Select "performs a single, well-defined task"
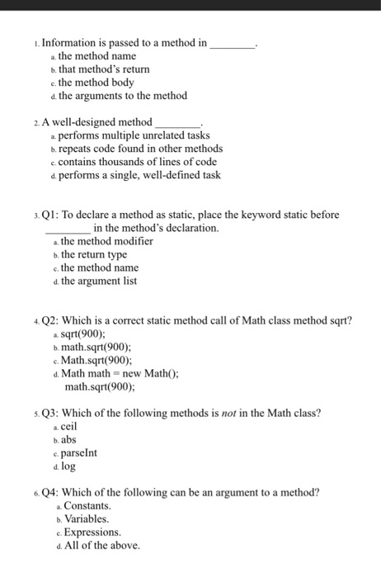[135, 175]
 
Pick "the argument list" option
[104, 281]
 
